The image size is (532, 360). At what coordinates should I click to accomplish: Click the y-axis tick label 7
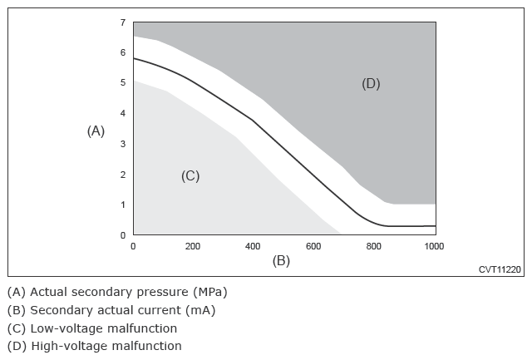click(x=123, y=22)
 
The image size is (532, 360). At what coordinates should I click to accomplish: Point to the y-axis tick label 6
click(x=123, y=52)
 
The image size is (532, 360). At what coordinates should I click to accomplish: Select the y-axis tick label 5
click(x=123, y=82)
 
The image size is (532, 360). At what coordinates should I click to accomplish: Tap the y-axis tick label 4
click(x=123, y=113)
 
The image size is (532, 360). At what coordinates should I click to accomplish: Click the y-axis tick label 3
click(x=123, y=144)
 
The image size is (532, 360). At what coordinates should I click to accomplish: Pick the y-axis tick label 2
click(x=123, y=175)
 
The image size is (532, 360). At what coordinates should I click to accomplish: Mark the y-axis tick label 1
click(x=123, y=205)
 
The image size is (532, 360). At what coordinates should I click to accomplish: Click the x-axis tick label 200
click(x=193, y=246)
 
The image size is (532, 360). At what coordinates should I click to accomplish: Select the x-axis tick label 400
click(x=253, y=246)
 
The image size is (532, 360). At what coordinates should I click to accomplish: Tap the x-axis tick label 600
click(x=313, y=246)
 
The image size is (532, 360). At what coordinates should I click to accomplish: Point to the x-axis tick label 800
click(x=373, y=246)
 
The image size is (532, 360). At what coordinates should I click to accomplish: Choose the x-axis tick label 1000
click(x=434, y=246)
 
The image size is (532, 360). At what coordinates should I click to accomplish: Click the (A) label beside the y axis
click(x=96, y=131)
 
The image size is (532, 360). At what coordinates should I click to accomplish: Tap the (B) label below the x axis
click(x=281, y=261)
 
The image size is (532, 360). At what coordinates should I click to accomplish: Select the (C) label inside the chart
click(x=190, y=176)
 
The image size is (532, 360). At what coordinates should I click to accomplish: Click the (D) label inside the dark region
click(x=371, y=83)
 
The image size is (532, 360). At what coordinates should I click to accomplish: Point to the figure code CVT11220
click(x=500, y=269)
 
